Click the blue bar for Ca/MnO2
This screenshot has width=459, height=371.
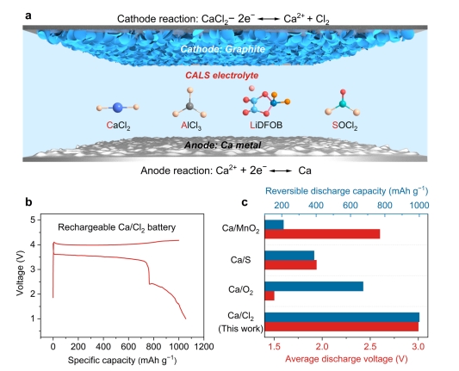pyautogui.click(x=274, y=225)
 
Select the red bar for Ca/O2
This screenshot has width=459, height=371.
pyautogui.click(x=270, y=296)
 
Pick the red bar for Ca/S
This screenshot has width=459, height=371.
pyautogui.click(x=291, y=265)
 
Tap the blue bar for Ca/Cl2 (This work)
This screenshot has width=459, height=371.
pyautogui.click(x=342, y=318)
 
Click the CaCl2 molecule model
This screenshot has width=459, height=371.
pyautogui.click(x=118, y=108)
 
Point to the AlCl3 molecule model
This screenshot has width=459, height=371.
pyautogui.click(x=189, y=102)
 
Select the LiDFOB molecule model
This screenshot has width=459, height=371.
pyautogui.click(x=266, y=102)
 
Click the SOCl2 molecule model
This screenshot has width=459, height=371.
pyautogui.click(x=342, y=102)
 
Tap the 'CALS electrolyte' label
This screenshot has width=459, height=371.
pyautogui.click(x=222, y=76)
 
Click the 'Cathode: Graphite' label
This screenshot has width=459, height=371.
pyautogui.click(x=222, y=49)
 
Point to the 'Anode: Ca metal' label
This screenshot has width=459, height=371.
pyautogui.click(x=222, y=145)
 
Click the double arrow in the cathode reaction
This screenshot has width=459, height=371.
pyautogui.click(x=269, y=19)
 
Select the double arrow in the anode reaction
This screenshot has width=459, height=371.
pyautogui.click(x=281, y=170)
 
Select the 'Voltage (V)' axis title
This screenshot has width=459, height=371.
pyautogui.click(x=20, y=269)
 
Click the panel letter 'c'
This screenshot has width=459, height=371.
pyautogui.click(x=245, y=202)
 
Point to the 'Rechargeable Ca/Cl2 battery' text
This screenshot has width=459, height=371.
pyautogui.click(x=117, y=227)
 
